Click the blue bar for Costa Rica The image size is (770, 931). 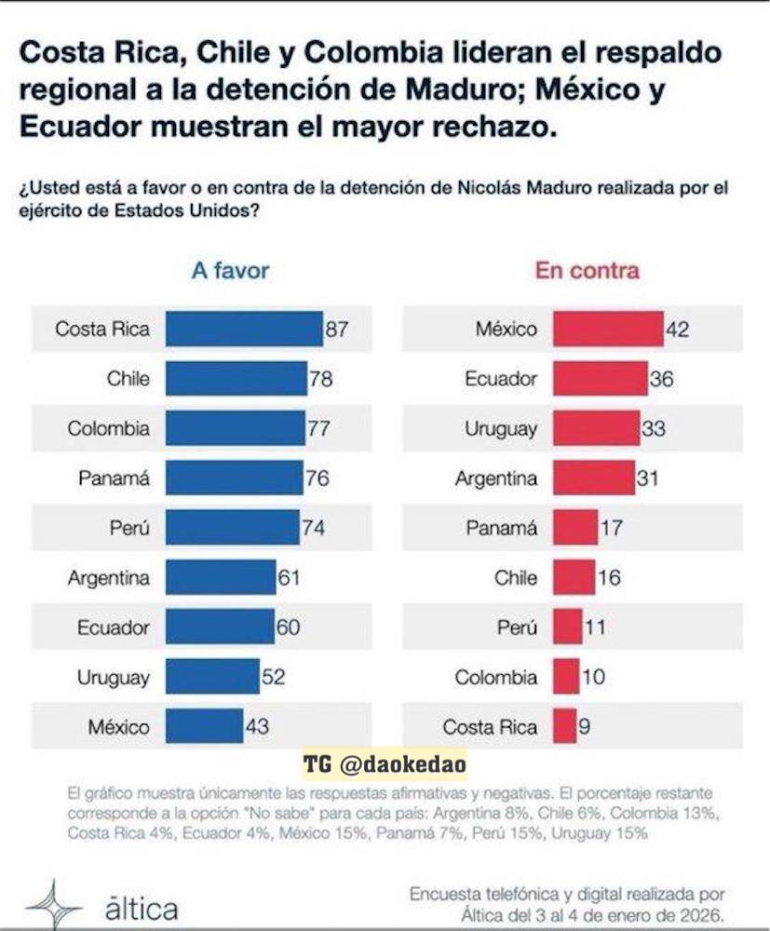coord(244,329)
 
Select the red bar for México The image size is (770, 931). coord(608,329)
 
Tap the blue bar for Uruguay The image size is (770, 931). coord(212,677)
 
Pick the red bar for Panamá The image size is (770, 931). coord(575,528)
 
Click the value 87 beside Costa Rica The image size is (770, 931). coord(336,329)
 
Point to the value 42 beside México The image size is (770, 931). coord(678,329)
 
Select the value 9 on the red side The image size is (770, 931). coord(585,726)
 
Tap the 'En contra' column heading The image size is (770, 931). coord(587,271)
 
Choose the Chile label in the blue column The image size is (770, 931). coord(128,379)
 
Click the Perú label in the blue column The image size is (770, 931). coord(129,528)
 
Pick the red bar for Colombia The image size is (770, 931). coord(565,677)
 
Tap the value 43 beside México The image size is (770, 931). coord(257,726)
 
